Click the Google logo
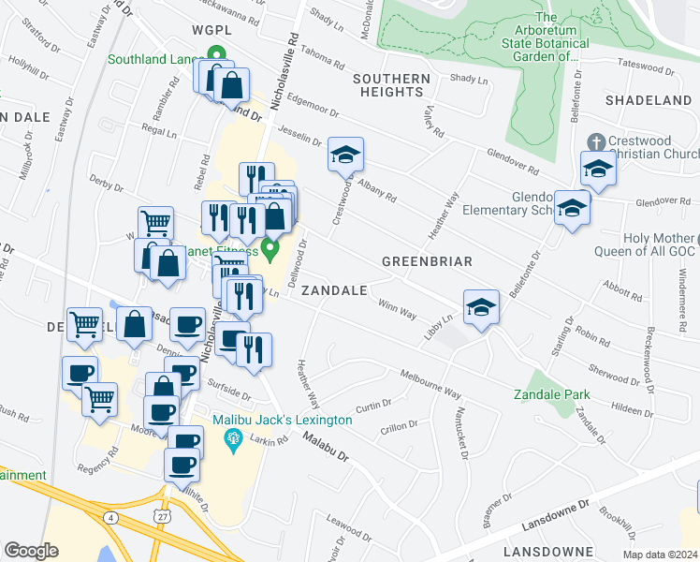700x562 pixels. click(31, 551)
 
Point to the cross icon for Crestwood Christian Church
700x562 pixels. click(592, 140)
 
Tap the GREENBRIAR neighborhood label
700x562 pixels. click(427, 261)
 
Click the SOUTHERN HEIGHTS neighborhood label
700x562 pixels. click(391, 85)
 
